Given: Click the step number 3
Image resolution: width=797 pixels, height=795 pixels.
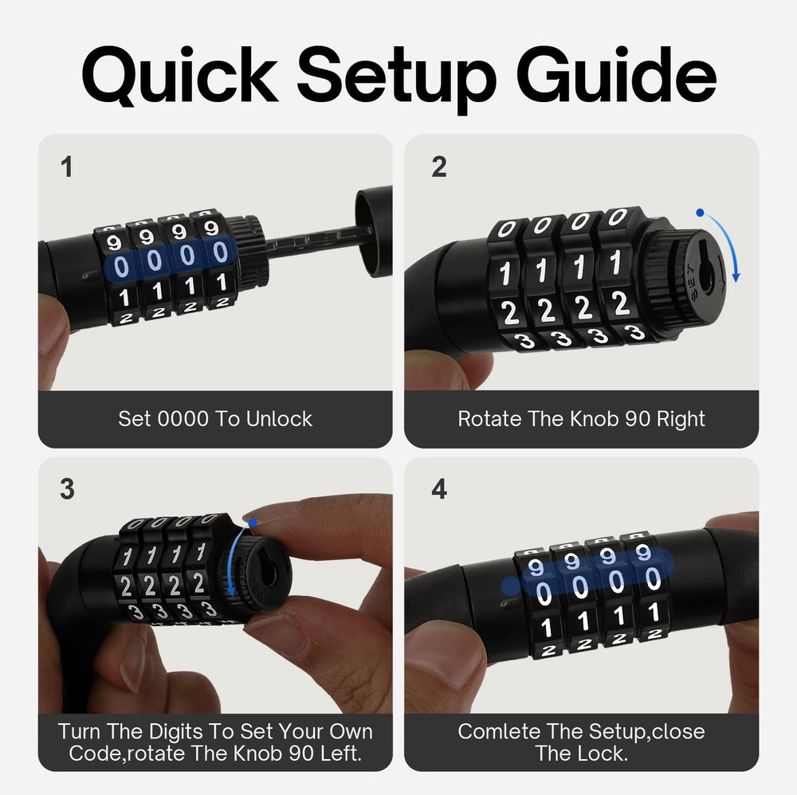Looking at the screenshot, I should coord(67,489).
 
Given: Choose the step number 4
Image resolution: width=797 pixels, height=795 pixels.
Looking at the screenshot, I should coord(439,489).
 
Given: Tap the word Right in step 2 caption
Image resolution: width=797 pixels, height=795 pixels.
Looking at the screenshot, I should coord(679,419).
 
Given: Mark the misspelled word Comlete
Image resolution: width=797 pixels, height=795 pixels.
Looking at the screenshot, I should coord(501,731).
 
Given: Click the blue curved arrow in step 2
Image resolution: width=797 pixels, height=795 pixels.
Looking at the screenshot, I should coord(726,243).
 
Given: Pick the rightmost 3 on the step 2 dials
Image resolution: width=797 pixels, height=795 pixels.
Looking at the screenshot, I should coord(635,332).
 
